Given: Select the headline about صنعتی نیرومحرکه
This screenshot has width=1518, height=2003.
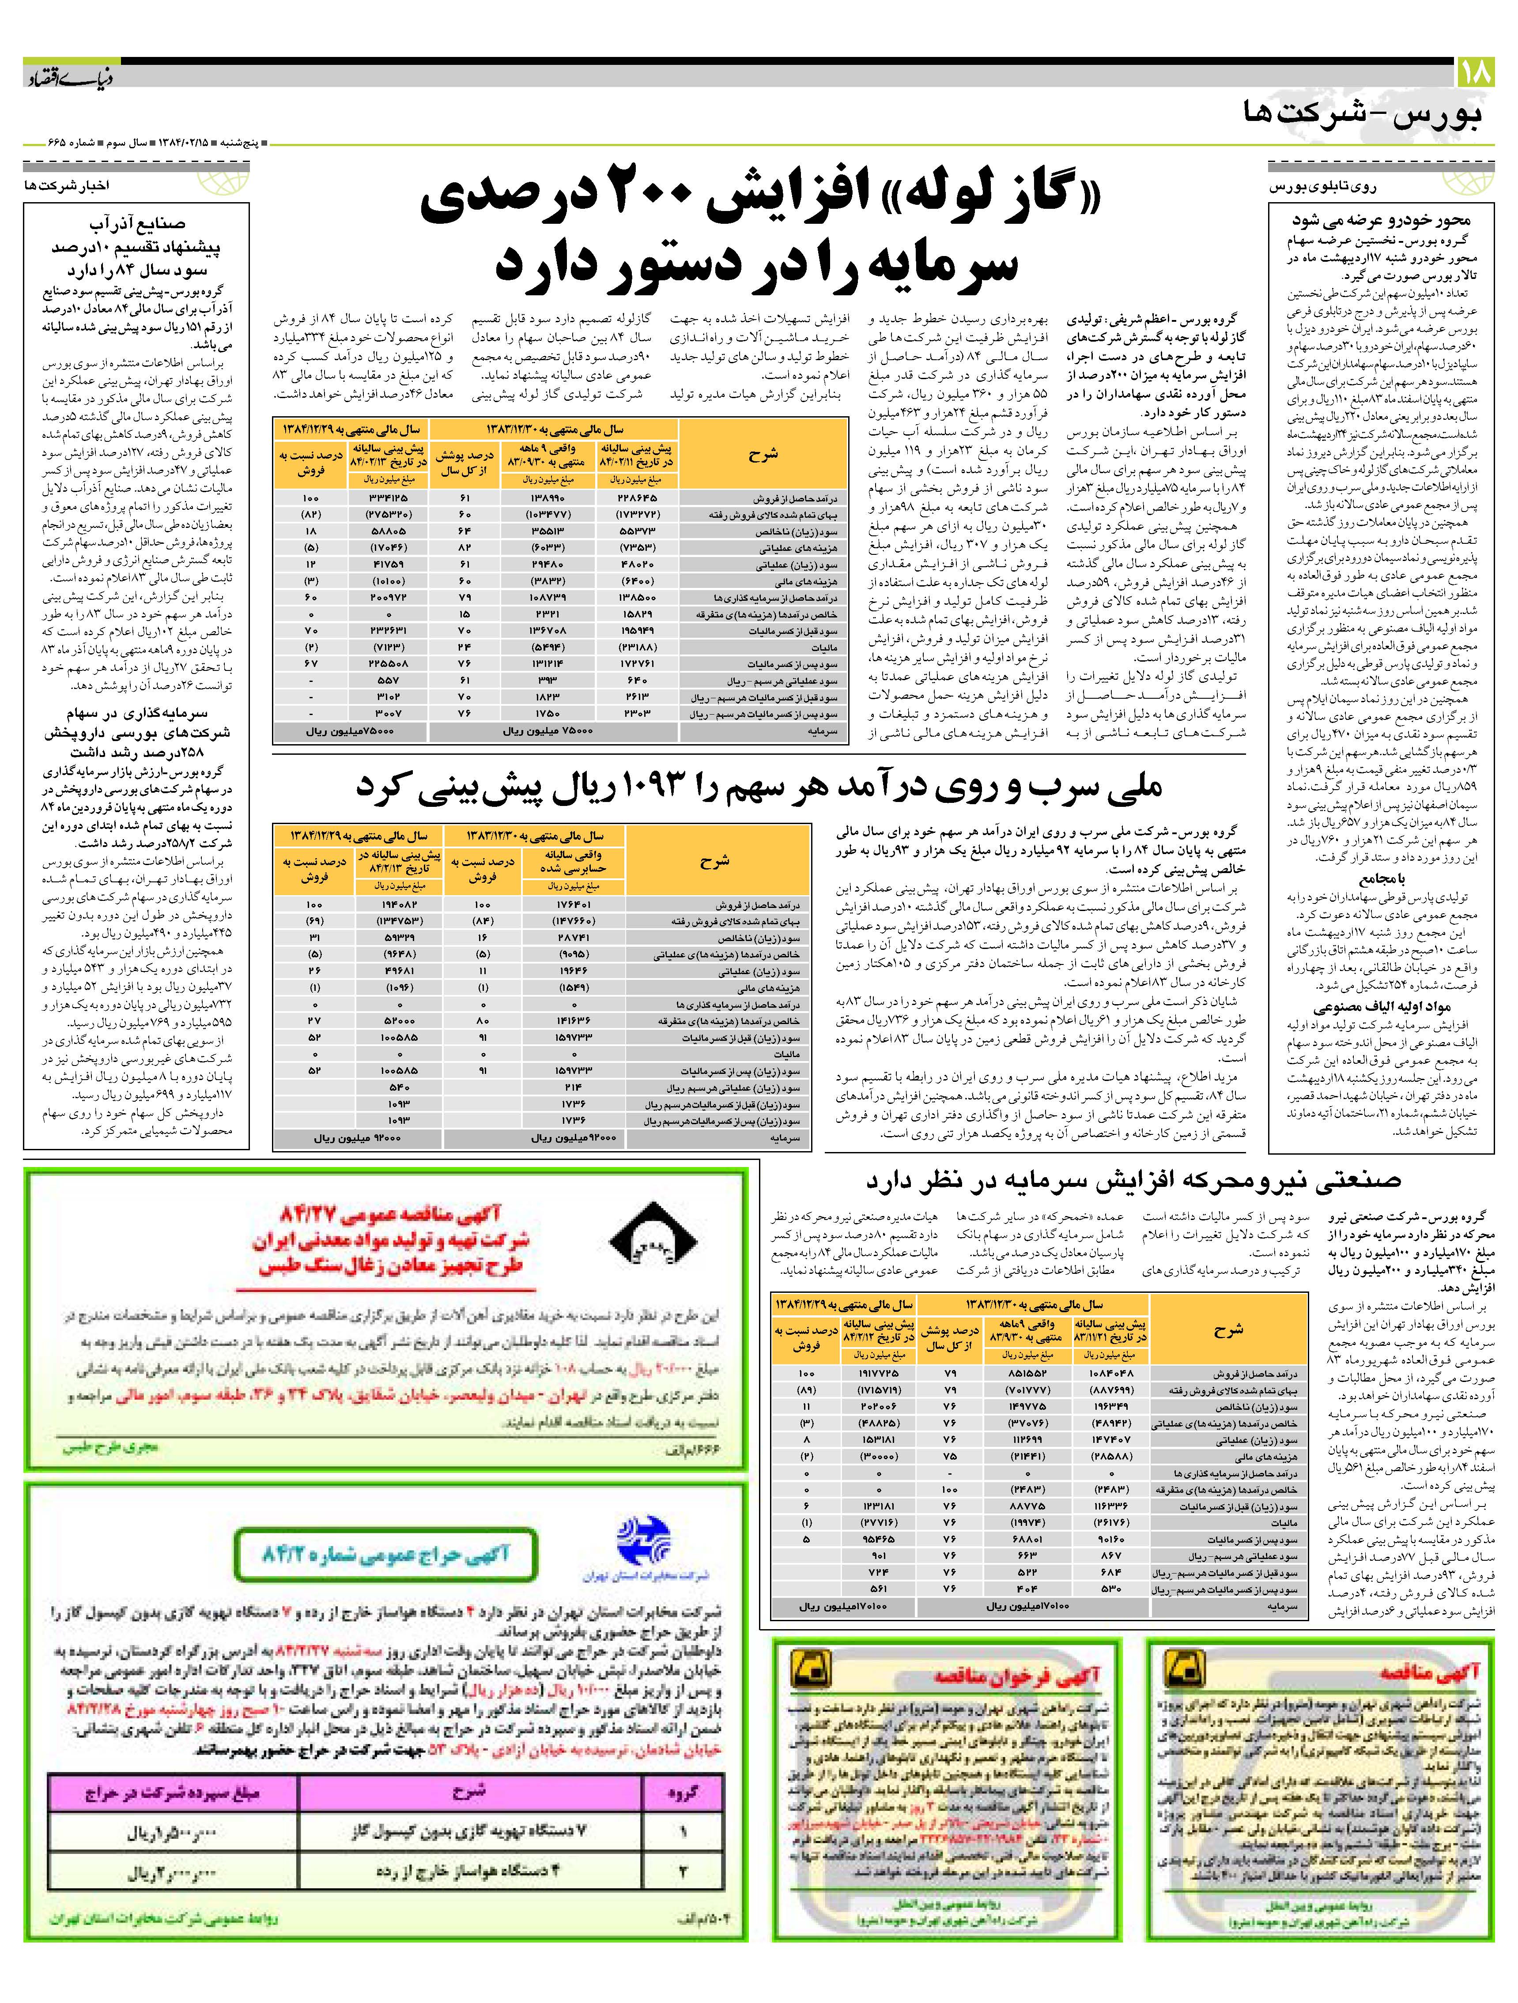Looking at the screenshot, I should tap(1132, 1181).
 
